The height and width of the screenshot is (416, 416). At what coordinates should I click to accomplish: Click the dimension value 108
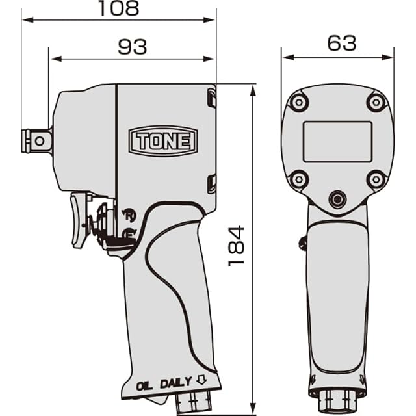(118, 8)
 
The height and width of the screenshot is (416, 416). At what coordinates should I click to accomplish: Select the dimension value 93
(132, 47)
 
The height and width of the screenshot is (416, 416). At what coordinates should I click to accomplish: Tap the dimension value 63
(341, 44)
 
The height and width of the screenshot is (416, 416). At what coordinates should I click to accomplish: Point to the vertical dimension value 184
(237, 245)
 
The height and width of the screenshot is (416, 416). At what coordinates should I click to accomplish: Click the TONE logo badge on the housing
(163, 140)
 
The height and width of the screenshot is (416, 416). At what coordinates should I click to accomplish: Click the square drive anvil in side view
(37, 140)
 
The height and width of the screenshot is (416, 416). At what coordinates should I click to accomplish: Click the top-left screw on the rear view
(299, 102)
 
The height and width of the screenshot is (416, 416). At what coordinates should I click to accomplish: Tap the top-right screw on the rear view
(376, 102)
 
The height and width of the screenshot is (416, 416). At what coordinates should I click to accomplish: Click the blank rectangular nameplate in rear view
(337, 141)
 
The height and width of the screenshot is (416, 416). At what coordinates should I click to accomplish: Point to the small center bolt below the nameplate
(337, 199)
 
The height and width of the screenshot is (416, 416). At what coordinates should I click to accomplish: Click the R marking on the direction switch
(129, 213)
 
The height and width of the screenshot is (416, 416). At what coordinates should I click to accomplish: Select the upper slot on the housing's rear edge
(211, 98)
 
